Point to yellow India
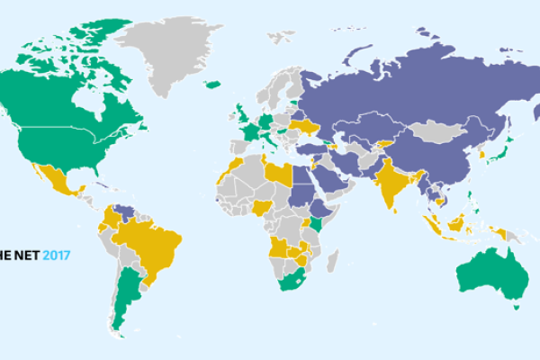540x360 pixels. pyautogui.click(x=390, y=180)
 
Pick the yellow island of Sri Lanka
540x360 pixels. pyautogui.click(x=395, y=211)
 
